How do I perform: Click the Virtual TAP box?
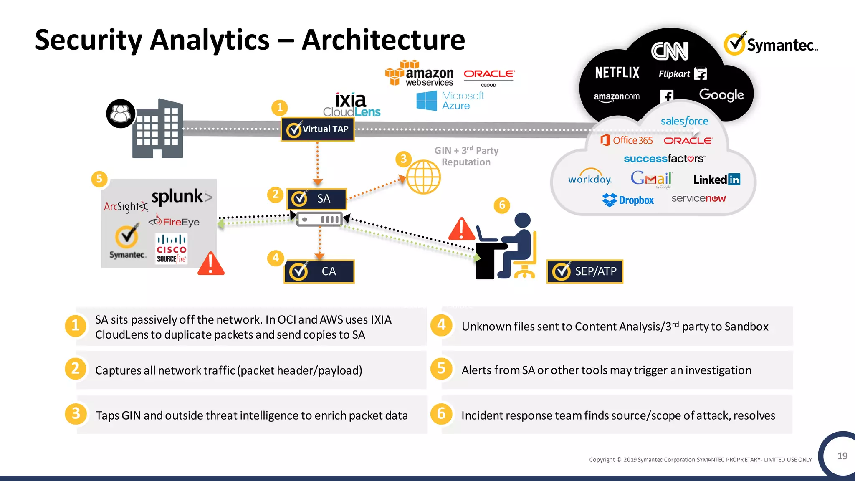tap(318, 129)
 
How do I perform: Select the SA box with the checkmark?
tap(316, 199)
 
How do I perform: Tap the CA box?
tap(319, 271)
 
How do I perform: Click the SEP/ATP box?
tap(584, 271)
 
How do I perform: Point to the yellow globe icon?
tap(423, 177)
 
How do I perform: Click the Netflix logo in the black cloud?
tap(617, 73)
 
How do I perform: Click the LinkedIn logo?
tap(716, 180)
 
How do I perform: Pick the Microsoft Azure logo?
tap(450, 101)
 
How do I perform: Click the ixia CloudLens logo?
tap(352, 105)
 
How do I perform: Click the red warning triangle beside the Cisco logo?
tap(211, 264)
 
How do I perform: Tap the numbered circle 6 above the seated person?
tap(502, 205)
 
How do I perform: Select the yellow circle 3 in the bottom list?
tap(76, 413)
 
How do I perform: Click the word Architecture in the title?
tap(383, 40)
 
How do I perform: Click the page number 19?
tap(842, 456)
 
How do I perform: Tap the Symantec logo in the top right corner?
tap(771, 44)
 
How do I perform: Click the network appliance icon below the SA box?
tap(319, 219)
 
